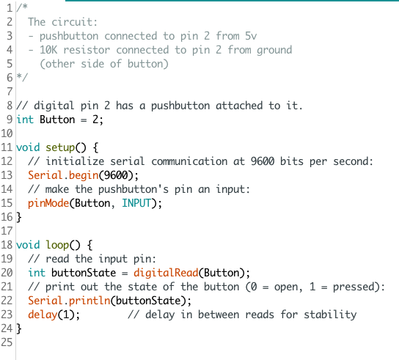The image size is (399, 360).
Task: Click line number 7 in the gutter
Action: [x=10, y=92]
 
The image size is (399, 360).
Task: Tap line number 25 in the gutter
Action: [x=7, y=342]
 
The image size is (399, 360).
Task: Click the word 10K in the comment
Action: [x=48, y=50]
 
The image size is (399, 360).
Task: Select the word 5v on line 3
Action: [x=251, y=36]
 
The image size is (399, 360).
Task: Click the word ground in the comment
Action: [x=274, y=51]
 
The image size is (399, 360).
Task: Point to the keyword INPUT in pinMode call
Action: [x=136, y=203]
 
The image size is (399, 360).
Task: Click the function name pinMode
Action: [x=48, y=204]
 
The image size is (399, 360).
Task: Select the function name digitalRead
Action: [x=166, y=273]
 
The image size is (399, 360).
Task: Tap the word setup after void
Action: [x=60, y=148]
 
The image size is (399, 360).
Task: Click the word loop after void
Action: [x=57, y=246]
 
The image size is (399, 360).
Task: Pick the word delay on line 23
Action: [x=43, y=315]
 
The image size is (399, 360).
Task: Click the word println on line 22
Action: [x=89, y=301]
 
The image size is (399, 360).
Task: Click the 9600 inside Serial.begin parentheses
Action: [x=116, y=175]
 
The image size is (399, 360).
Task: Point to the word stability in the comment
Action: [x=330, y=315]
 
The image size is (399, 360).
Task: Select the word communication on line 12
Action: [x=189, y=161]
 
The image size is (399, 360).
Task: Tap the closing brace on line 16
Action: [x=19, y=217]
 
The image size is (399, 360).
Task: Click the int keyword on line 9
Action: [x=25, y=120]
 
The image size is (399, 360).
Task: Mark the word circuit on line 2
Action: [x=75, y=22]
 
